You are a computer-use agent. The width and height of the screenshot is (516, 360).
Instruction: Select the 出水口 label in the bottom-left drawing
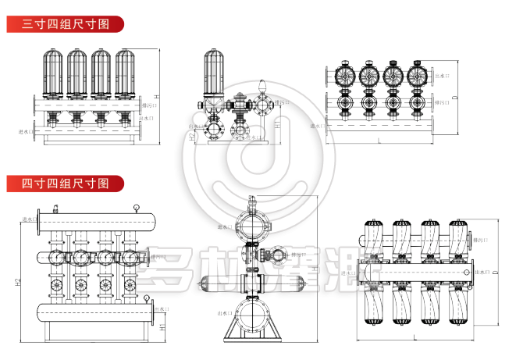click(x=159, y=310)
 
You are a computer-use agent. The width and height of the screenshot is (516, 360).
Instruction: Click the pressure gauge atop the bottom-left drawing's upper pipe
click(x=137, y=208)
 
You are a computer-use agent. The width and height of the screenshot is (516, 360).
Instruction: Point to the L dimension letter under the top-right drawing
click(x=379, y=141)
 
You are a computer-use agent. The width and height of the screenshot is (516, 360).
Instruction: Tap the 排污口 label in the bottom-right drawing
click(x=482, y=241)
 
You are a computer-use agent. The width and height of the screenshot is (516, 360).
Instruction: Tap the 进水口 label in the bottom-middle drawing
click(x=224, y=227)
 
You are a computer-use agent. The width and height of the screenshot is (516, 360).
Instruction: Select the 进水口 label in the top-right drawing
click(x=317, y=126)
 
